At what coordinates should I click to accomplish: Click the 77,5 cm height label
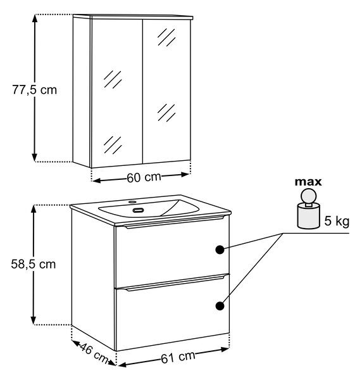pyautogui.click(x=35, y=90)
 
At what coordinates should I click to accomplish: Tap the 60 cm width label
pyautogui.click(x=144, y=177)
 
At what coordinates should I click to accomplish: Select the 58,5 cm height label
pyautogui.click(x=34, y=264)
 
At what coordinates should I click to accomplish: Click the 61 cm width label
pyautogui.click(x=178, y=357)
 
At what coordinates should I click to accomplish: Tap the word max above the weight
pyautogui.click(x=308, y=182)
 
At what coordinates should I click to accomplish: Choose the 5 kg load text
pyautogui.click(x=337, y=221)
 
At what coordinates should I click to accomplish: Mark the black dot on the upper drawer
pyautogui.click(x=220, y=250)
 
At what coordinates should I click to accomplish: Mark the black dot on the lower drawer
pyautogui.click(x=220, y=306)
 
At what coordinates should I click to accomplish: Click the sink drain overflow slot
pyautogui.click(x=139, y=210)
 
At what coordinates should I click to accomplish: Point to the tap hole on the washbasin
pyautogui.click(x=132, y=201)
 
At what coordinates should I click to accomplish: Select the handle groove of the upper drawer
pyautogui.click(x=174, y=222)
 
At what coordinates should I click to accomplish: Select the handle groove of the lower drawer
pyautogui.click(x=175, y=283)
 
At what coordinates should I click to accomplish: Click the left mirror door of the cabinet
pyautogui.click(x=117, y=93)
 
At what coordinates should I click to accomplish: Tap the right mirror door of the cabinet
pyautogui.click(x=167, y=90)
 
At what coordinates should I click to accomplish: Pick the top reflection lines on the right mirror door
pyautogui.click(x=166, y=37)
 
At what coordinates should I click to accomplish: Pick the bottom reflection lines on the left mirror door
pyautogui.click(x=113, y=144)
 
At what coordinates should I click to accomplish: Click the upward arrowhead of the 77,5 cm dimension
pyautogui.click(x=35, y=19)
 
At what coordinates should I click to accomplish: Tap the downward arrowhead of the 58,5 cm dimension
pyautogui.click(x=34, y=320)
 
